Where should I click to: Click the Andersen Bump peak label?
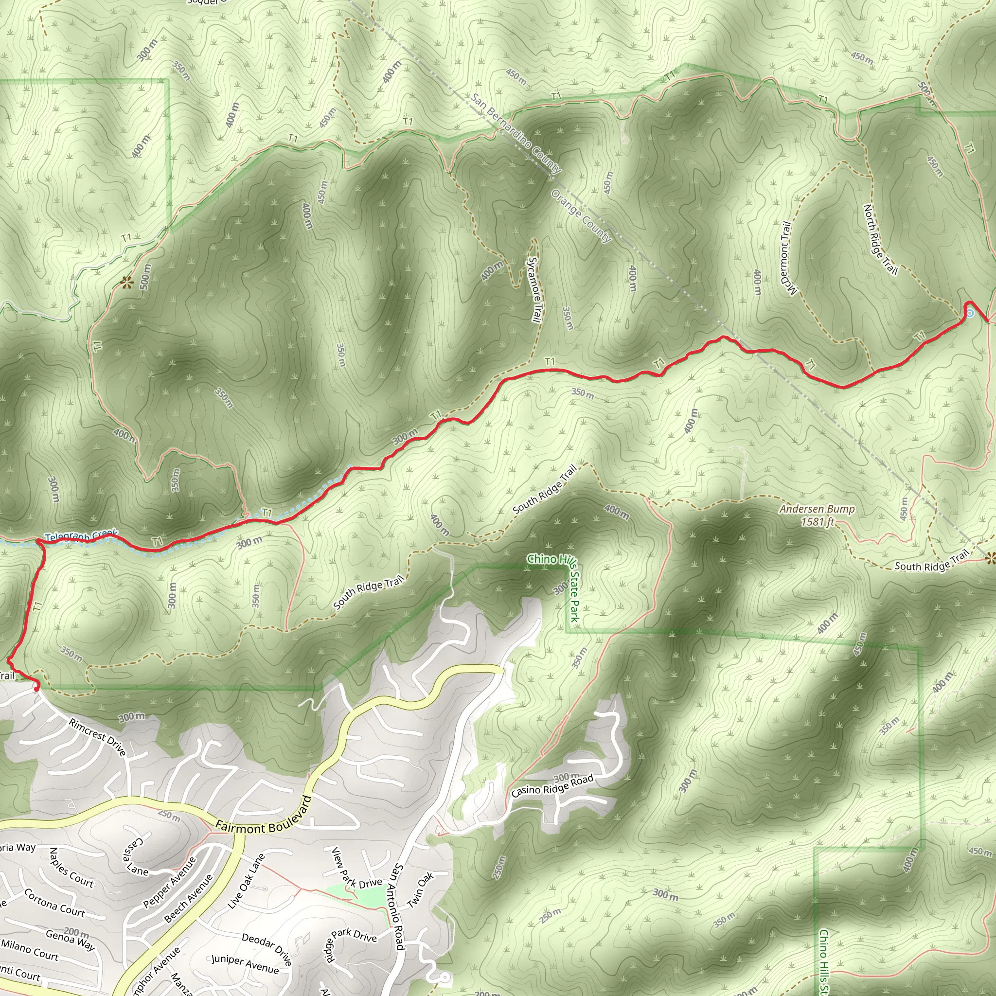[817, 515]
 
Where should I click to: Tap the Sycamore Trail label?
[534, 290]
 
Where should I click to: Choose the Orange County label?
[581, 216]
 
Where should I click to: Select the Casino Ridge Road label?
[552, 786]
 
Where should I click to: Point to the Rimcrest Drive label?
[97, 738]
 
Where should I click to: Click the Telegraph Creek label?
[81, 536]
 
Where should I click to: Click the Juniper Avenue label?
[245, 964]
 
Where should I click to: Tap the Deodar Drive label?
[267, 948]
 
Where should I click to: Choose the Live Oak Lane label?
[246, 881]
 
